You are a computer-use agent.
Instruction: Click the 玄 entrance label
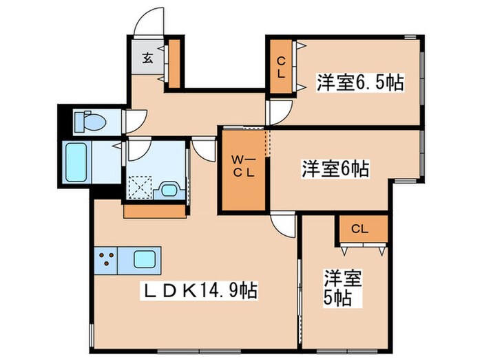[x=148, y=58]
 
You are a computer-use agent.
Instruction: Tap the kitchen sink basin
[x=145, y=260]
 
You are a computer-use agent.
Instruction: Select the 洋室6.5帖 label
[x=359, y=83]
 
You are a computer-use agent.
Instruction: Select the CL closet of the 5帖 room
[x=359, y=230]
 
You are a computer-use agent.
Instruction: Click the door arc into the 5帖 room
[x=284, y=223]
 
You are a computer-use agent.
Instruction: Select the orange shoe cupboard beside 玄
[x=174, y=64]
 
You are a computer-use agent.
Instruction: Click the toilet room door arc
[x=133, y=120]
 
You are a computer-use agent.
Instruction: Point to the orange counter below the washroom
[x=155, y=210]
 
